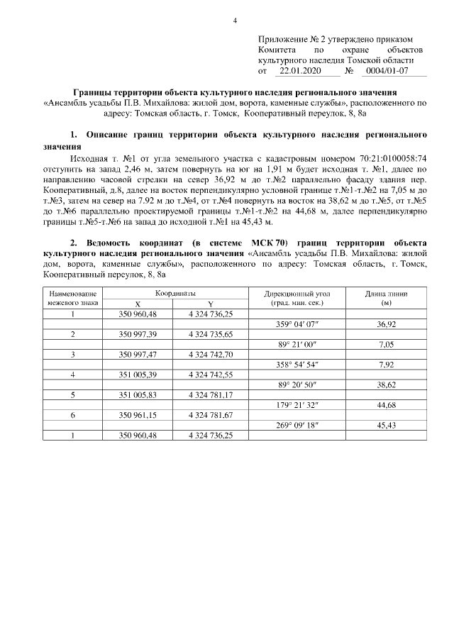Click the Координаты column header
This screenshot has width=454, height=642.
click(x=176, y=292)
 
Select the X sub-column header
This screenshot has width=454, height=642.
click(x=137, y=303)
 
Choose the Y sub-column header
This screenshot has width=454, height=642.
click(x=211, y=303)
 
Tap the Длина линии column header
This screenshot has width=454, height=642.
click(x=387, y=292)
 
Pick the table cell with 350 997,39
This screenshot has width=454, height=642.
click(x=138, y=333)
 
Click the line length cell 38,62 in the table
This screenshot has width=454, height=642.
click(x=387, y=384)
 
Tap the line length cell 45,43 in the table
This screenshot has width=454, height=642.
click(x=387, y=424)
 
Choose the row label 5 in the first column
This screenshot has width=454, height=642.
click(x=73, y=394)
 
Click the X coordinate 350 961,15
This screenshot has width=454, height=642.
click(x=138, y=414)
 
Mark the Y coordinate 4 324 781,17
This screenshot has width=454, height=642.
click(x=211, y=394)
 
